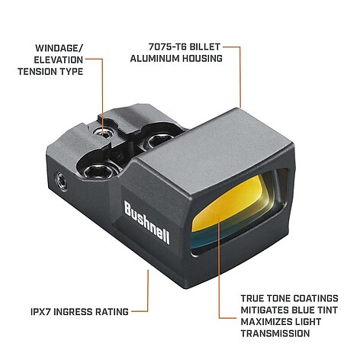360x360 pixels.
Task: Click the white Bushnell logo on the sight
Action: tap(147, 222)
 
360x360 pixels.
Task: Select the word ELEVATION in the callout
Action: tap(59, 60)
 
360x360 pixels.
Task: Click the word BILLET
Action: tap(205, 47)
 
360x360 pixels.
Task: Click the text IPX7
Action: tap(40, 312)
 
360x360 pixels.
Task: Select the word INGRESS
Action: tap(73, 312)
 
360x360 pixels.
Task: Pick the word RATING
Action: tap(112, 312)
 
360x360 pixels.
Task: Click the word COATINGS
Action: tap(316, 298)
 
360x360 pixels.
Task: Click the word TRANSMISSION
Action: tap(275, 333)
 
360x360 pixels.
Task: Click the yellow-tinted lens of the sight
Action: tap(229, 206)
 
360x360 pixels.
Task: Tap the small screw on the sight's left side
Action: tap(62, 181)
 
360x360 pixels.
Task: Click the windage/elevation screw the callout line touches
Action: tap(103, 132)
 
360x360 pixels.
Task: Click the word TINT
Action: tap(329, 310)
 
